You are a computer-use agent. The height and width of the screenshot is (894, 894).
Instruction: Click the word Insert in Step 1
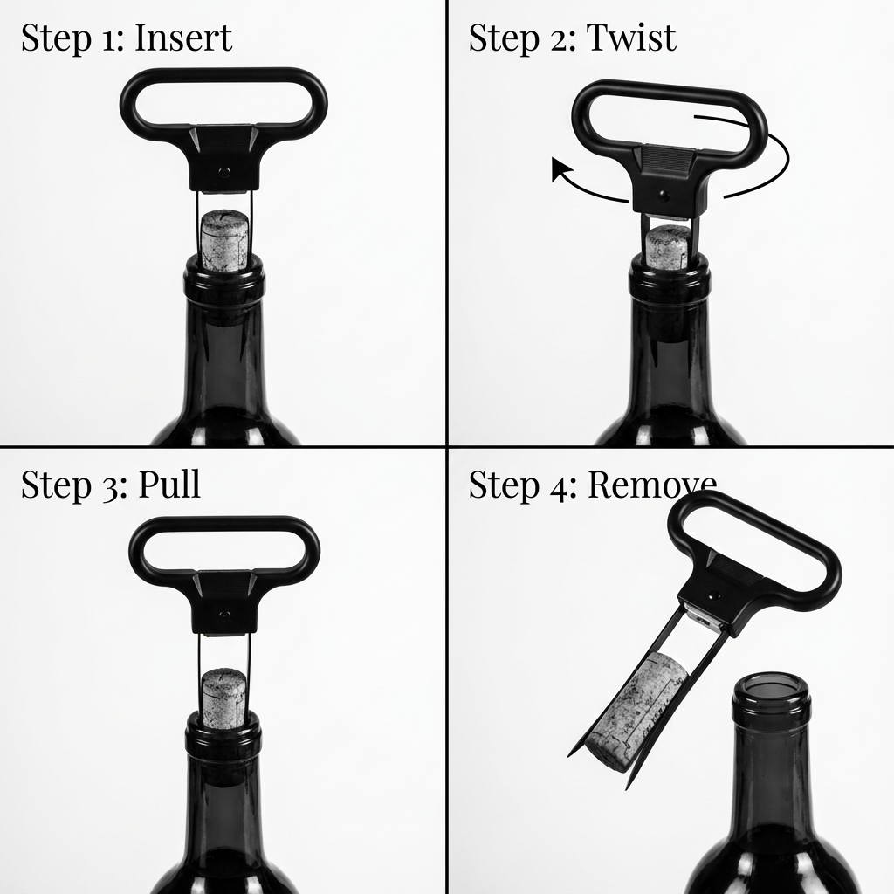point(183,38)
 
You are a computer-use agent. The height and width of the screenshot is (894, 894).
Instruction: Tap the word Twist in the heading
point(630,38)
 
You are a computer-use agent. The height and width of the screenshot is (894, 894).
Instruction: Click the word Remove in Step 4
point(651,485)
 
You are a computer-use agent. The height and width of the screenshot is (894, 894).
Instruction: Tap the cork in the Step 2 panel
point(670,247)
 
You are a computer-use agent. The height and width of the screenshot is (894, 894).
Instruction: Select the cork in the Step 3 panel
point(224,697)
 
